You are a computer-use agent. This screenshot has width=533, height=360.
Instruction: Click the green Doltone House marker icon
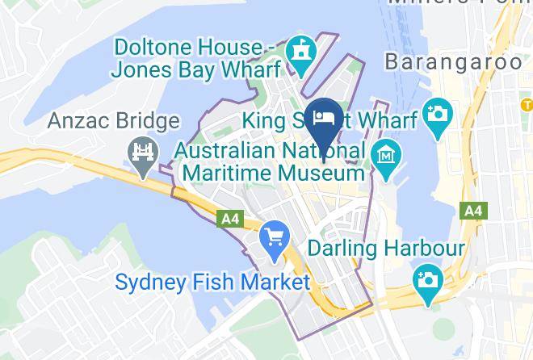302,52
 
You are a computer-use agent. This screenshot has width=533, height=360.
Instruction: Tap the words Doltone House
187,46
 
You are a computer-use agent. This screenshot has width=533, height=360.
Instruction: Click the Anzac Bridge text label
113,122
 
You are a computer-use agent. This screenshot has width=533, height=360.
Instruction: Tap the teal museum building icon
384,153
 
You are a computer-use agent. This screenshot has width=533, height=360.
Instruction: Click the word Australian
225,151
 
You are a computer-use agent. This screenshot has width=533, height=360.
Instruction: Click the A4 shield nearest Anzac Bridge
229,218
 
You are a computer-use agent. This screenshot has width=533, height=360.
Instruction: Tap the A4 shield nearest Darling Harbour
472,211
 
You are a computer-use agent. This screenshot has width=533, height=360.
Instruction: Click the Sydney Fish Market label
212,283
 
